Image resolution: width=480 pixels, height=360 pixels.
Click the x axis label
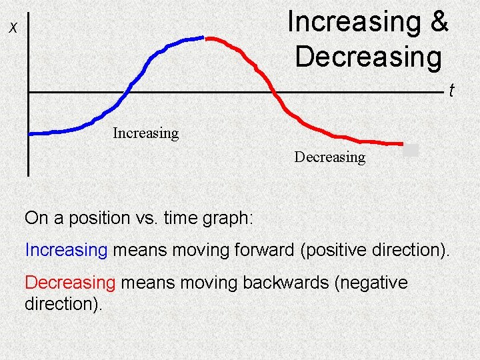[13, 28]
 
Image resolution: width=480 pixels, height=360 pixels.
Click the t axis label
[451, 90]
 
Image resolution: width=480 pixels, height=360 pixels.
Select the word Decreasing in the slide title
[368, 57]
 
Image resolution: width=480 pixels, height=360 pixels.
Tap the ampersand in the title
[439, 21]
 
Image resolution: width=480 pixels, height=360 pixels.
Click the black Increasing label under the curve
[146, 133]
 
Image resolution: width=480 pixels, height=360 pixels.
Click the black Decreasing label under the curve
[330, 157]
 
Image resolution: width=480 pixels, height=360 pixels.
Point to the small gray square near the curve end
[411, 150]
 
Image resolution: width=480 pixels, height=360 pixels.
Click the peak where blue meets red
[205, 39]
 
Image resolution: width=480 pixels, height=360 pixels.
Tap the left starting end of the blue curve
[31, 133]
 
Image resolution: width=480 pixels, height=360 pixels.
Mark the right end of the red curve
[402, 143]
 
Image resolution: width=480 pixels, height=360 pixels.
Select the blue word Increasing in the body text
[66, 250]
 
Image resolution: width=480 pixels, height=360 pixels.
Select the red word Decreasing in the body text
[71, 283]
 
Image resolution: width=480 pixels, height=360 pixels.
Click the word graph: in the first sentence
[229, 218]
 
